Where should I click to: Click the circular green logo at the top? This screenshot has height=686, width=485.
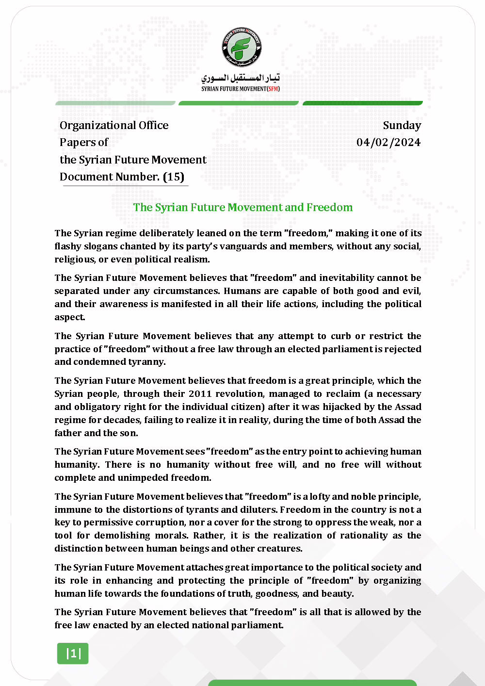[x=242, y=47]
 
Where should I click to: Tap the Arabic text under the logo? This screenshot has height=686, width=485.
[x=241, y=78]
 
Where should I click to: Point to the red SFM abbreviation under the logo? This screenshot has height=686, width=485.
[x=274, y=89]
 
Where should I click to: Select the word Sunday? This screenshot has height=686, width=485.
[x=402, y=125]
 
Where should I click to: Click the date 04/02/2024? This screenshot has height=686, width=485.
[x=388, y=142]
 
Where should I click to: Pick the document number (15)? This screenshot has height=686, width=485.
[x=173, y=177]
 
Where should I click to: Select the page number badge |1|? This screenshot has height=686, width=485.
[x=73, y=653]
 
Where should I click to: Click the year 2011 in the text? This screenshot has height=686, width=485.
[x=200, y=393]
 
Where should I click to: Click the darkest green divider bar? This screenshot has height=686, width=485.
[x=363, y=103]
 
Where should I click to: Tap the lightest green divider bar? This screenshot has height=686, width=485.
[x=115, y=103]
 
